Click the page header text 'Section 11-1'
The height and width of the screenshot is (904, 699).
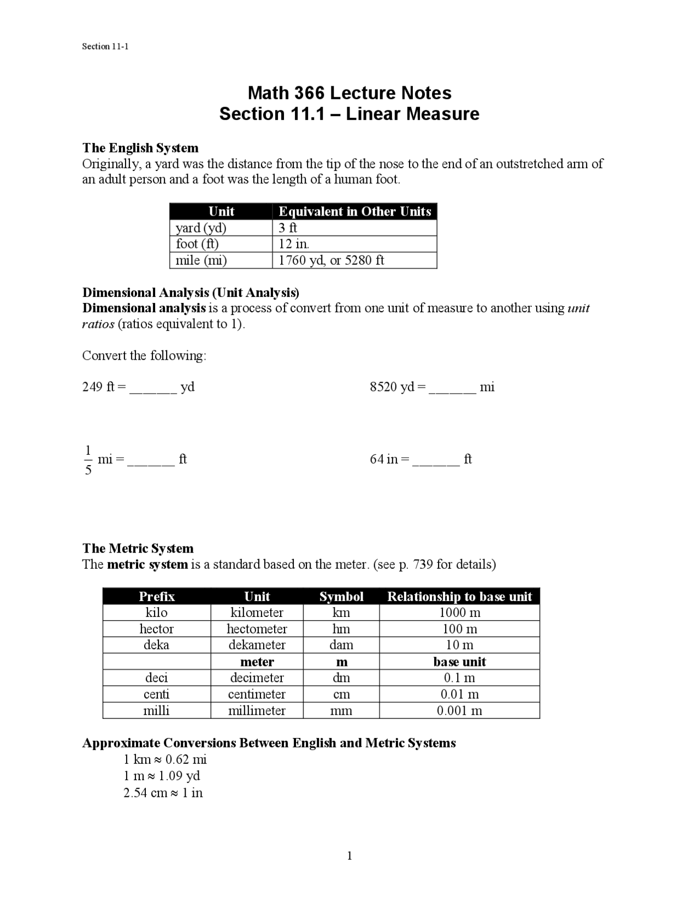[105, 46]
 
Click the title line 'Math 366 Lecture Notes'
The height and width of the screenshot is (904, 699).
[349, 93]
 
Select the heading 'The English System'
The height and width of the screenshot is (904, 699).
[140, 148]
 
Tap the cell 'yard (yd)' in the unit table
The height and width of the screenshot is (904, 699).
[200, 228]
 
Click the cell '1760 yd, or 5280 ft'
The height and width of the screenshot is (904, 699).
[331, 260]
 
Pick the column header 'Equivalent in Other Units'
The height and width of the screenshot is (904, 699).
[354, 211]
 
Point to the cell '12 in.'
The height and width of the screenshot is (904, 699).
[294, 244]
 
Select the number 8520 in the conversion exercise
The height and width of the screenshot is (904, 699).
[384, 387]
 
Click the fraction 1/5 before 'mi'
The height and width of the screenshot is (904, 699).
[88, 460]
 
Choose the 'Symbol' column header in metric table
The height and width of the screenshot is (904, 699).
[341, 597]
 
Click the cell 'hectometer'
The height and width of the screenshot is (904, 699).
[257, 629]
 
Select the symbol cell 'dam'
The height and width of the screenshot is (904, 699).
[341, 645]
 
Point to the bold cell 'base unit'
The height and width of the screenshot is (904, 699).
[459, 662]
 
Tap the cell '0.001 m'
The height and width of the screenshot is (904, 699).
[459, 711]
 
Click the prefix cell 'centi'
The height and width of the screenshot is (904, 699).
[156, 694]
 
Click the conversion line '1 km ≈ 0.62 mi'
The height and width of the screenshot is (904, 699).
[165, 759]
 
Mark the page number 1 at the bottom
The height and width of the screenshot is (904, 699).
[349, 855]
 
